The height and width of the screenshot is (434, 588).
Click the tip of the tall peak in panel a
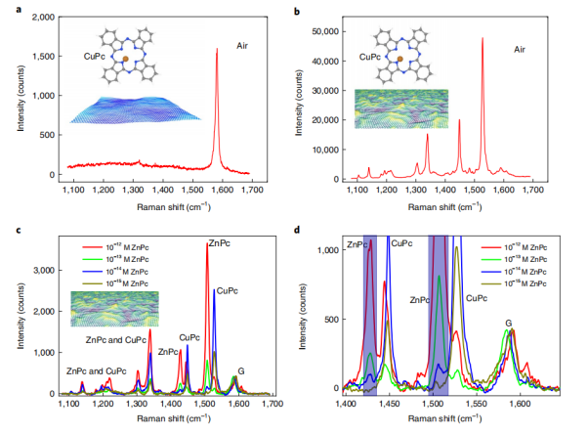coord(216,48)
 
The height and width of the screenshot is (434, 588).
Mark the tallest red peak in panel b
coord(483,39)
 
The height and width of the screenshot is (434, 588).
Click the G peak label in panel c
coord(241,370)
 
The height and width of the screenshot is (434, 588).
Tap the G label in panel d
coord(509,323)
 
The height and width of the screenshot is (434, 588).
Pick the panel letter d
coord(299,231)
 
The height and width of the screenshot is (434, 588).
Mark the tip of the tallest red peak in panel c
coord(207,244)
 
